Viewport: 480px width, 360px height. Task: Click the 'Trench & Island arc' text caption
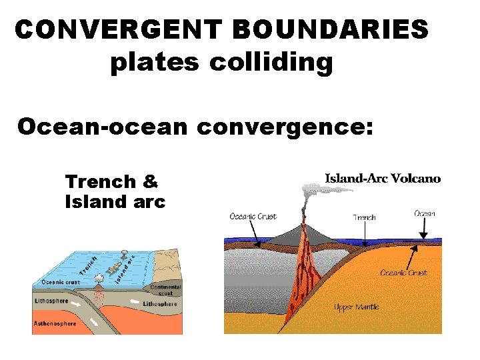click(115, 191)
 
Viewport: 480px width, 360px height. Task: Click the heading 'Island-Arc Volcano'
click(383, 178)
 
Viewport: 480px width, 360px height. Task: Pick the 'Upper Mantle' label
click(357, 307)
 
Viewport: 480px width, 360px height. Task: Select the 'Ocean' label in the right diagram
click(425, 213)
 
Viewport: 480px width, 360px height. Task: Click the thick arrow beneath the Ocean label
click(425, 229)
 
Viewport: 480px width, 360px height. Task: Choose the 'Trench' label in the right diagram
click(365, 217)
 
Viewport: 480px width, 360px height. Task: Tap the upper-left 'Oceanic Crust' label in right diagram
click(253, 216)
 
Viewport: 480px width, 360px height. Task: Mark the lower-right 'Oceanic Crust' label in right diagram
click(403, 273)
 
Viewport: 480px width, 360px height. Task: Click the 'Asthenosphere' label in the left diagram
click(55, 324)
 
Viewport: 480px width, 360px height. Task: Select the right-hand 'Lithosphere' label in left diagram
click(160, 304)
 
